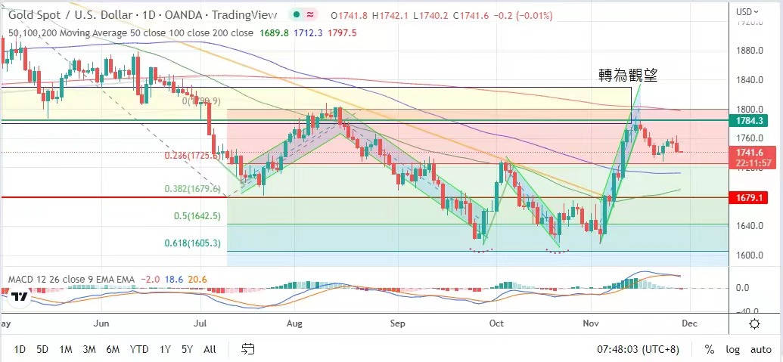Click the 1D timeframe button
(x=20, y=349)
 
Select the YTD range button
(x=138, y=349)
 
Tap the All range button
(x=210, y=349)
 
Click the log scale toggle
(x=732, y=349)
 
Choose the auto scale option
(x=761, y=349)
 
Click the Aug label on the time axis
(x=295, y=323)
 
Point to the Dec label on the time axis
(x=689, y=323)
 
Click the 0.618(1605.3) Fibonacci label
(x=193, y=243)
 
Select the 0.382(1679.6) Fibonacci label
(x=193, y=189)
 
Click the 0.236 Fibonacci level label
(x=193, y=156)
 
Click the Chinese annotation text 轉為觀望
(x=628, y=75)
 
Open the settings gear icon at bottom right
(x=754, y=323)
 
